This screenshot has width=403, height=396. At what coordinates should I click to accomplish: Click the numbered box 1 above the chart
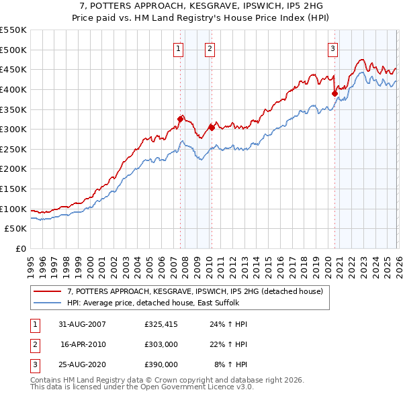[x=179, y=48]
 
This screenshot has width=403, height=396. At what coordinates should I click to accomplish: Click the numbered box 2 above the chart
[x=210, y=48]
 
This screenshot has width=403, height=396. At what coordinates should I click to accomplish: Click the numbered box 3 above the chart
[x=333, y=48]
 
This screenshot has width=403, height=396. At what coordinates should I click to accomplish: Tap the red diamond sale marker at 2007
[x=180, y=119]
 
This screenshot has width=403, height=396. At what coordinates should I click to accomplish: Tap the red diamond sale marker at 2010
[x=211, y=128]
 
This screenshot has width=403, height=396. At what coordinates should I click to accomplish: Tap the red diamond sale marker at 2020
[x=334, y=93]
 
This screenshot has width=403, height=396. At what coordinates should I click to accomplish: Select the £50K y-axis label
[x=16, y=229]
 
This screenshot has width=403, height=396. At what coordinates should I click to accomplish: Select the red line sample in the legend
[x=48, y=292]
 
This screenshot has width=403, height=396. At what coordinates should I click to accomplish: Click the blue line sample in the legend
[x=48, y=303]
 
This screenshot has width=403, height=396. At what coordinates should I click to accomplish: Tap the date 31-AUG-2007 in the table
[x=82, y=324]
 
